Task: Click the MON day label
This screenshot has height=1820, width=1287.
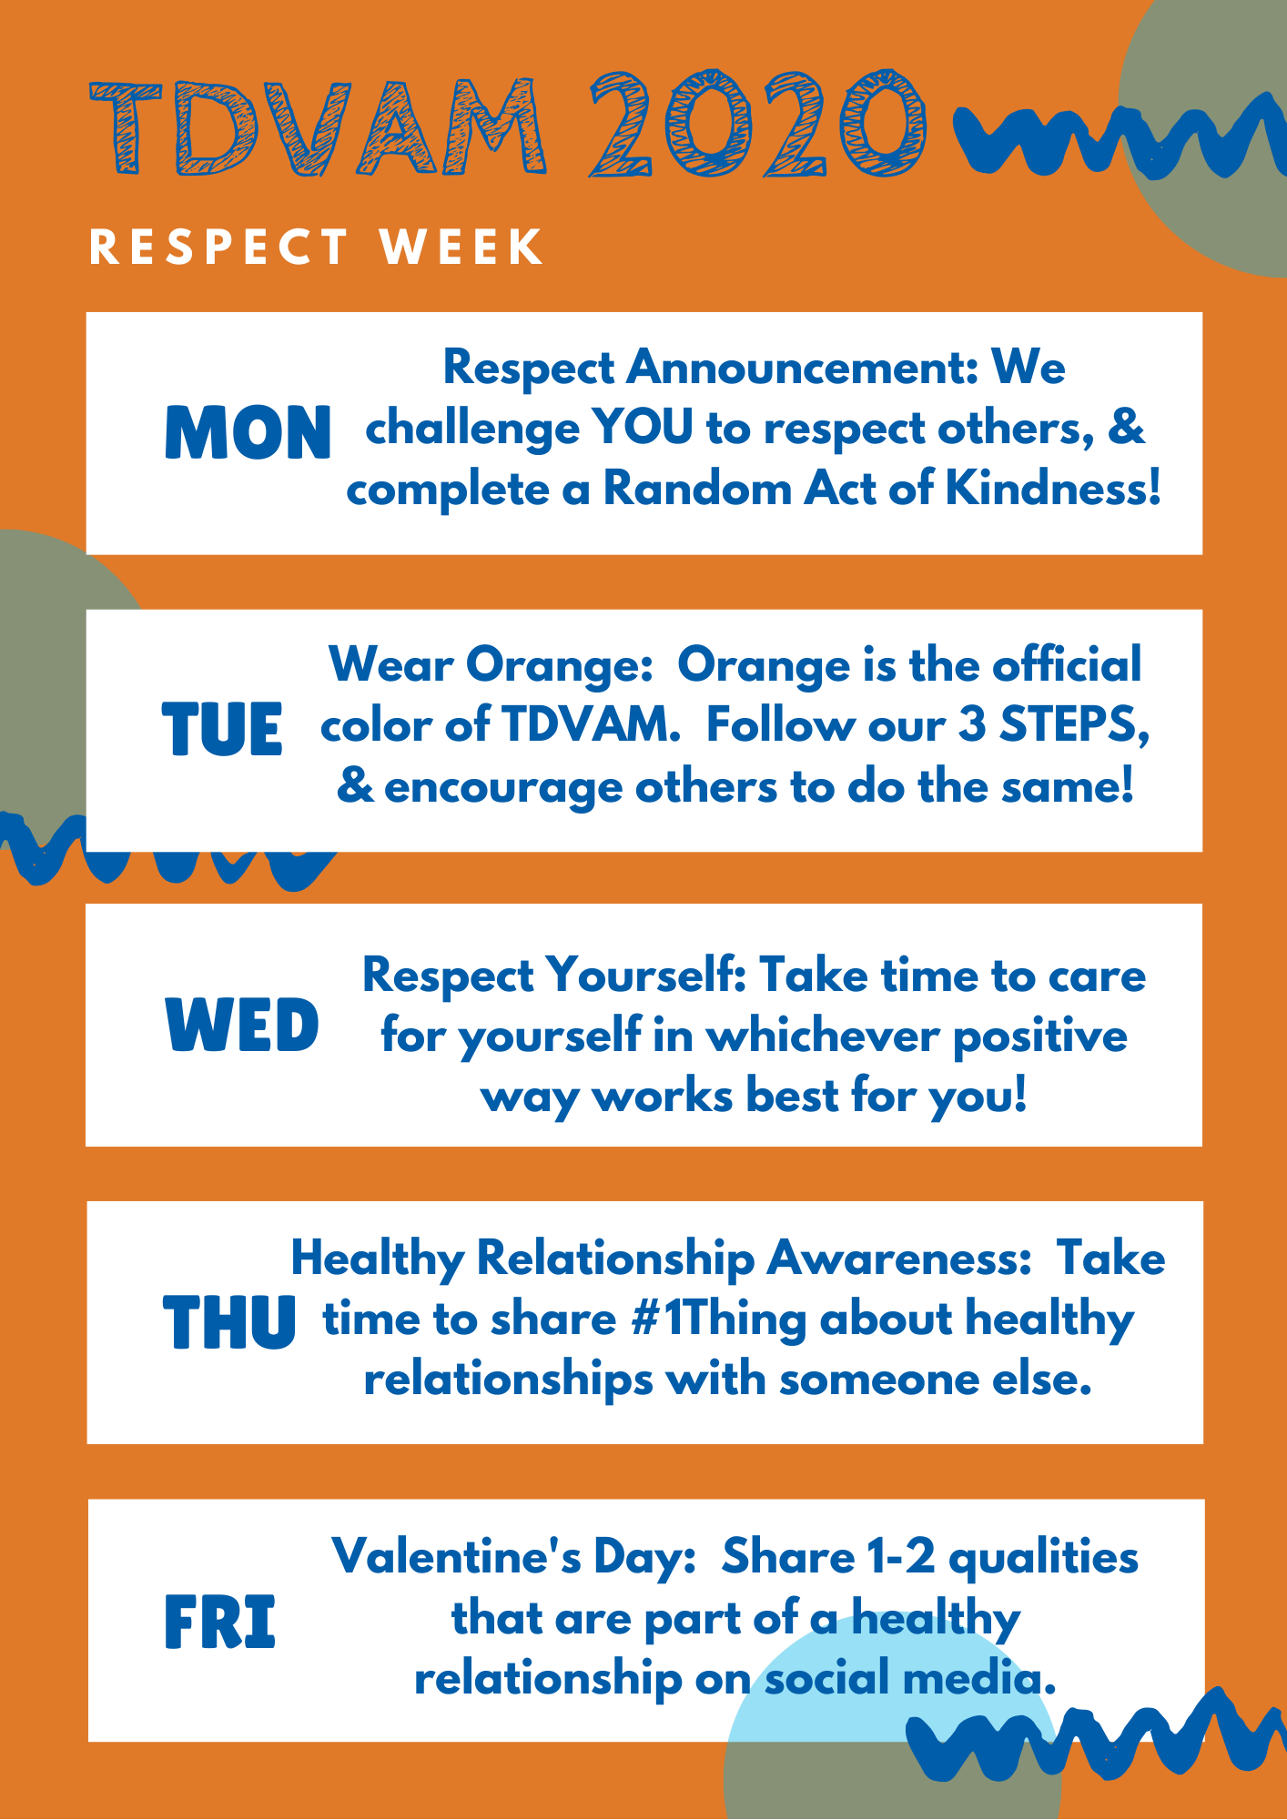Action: (x=248, y=432)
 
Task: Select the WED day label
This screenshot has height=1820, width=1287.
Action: (x=242, y=1025)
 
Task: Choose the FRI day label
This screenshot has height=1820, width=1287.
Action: (x=219, y=1623)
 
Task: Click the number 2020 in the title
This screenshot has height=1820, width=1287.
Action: (x=758, y=124)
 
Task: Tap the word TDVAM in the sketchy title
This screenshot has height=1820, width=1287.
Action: (x=319, y=127)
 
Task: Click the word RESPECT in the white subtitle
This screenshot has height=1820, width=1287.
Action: (x=219, y=248)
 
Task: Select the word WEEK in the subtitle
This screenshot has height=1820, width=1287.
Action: (x=462, y=248)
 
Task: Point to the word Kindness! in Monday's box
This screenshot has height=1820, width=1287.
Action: (x=1053, y=489)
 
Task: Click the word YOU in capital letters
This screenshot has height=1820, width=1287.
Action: (x=643, y=428)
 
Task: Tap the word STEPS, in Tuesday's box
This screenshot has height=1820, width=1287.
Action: (x=1075, y=726)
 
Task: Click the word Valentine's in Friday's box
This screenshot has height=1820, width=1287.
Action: (x=456, y=1556)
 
